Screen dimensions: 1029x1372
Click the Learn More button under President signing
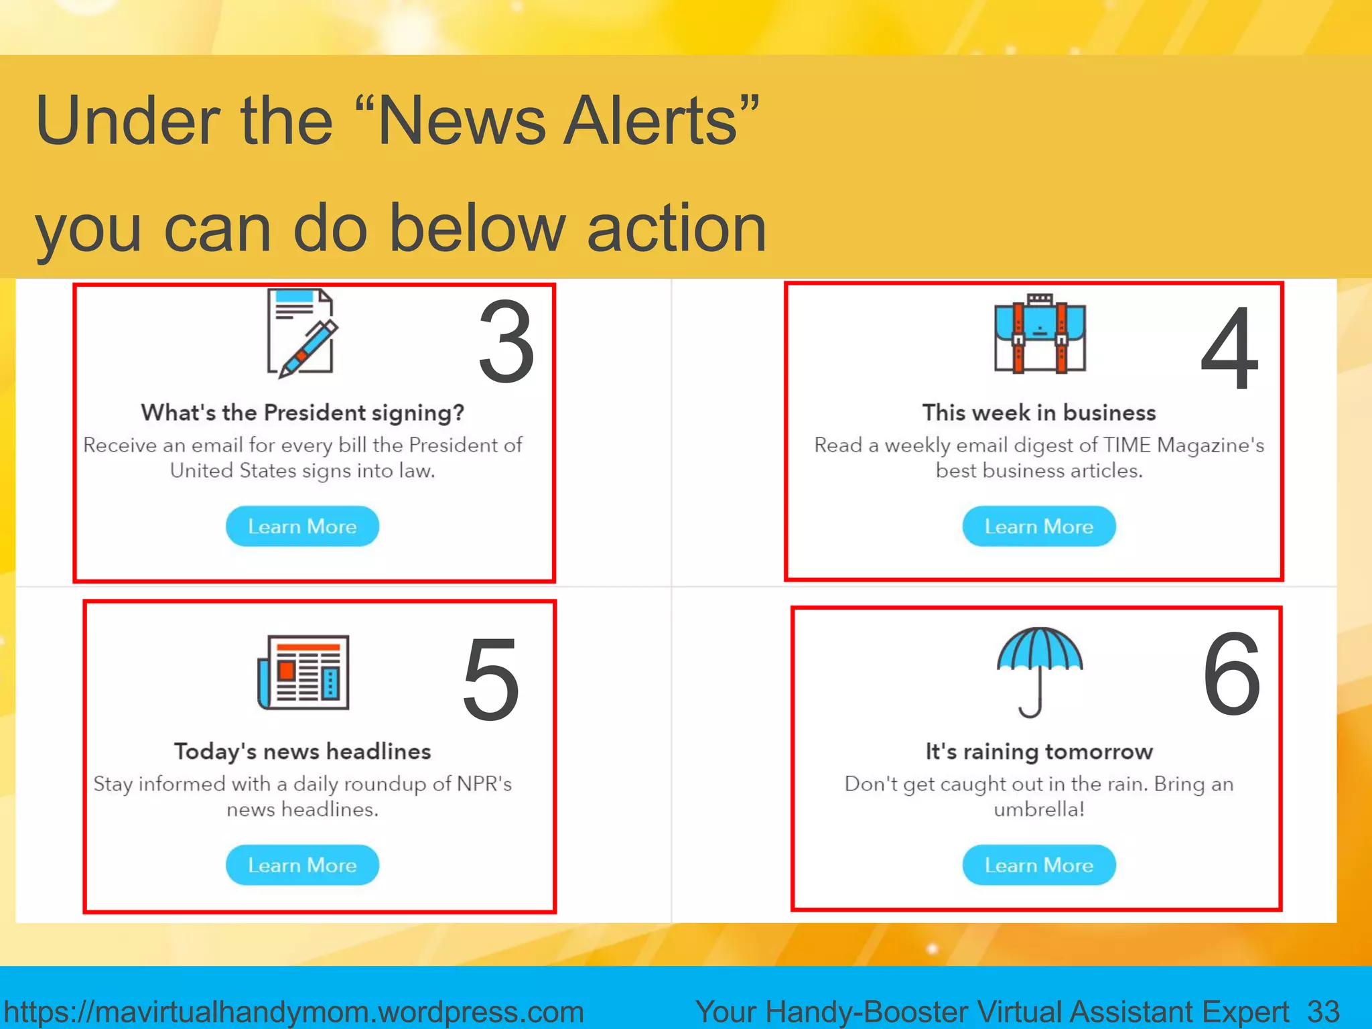tap(302, 527)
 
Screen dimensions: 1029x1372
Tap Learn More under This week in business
tap(1038, 527)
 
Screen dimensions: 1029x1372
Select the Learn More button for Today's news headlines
tap(302, 865)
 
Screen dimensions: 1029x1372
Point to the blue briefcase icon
tap(1040, 334)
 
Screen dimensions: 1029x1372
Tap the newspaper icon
tap(303, 672)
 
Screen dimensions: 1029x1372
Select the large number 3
tap(506, 342)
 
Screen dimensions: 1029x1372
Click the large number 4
tap(1230, 348)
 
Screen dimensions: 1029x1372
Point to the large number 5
tap(491, 680)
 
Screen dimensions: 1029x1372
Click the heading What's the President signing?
tap(302, 413)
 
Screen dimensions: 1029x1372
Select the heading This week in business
tap(1039, 413)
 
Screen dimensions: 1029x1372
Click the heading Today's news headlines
tap(302, 752)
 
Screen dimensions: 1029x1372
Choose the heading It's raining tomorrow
tap(1039, 752)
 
